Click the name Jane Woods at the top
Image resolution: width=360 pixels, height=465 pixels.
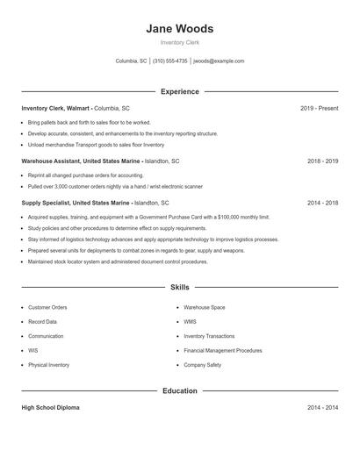pyautogui.click(x=179, y=28)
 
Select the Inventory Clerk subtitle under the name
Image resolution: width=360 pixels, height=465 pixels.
pyautogui.click(x=179, y=43)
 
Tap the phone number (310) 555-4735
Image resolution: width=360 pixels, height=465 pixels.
pyautogui.click(x=170, y=61)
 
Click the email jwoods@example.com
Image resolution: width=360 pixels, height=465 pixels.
pyautogui.click(x=219, y=61)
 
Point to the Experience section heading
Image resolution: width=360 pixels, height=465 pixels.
pyautogui.click(x=179, y=91)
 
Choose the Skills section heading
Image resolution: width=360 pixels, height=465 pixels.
pyautogui.click(x=179, y=287)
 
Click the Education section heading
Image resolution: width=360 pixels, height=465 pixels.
pyautogui.click(x=179, y=390)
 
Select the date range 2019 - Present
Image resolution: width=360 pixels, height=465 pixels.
pyautogui.click(x=319, y=108)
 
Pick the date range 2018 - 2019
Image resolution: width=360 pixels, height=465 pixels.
pyautogui.click(x=322, y=161)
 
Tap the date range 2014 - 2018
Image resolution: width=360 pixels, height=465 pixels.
pyautogui.click(x=322, y=202)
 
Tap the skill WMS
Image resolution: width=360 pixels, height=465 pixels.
pyautogui.click(x=190, y=322)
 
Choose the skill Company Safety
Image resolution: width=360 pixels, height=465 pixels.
pyautogui.click(x=202, y=364)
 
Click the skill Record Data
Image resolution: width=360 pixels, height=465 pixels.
pyautogui.click(x=42, y=322)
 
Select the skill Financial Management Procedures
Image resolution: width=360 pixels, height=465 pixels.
pyautogui.click(x=223, y=350)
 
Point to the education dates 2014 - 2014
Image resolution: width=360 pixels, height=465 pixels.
pyautogui.click(x=322, y=408)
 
